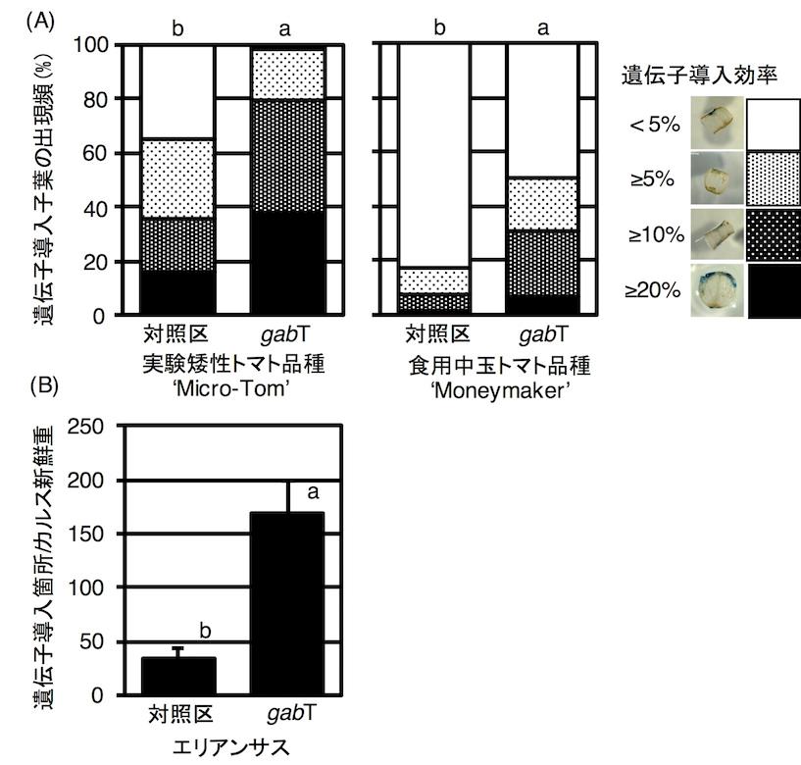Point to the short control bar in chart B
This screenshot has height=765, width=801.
(177, 676)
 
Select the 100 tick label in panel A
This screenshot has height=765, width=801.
(91, 45)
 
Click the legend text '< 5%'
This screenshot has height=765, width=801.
(656, 125)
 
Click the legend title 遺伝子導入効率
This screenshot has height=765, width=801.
(698, 75)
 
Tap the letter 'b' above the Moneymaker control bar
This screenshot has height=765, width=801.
(439, 28)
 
